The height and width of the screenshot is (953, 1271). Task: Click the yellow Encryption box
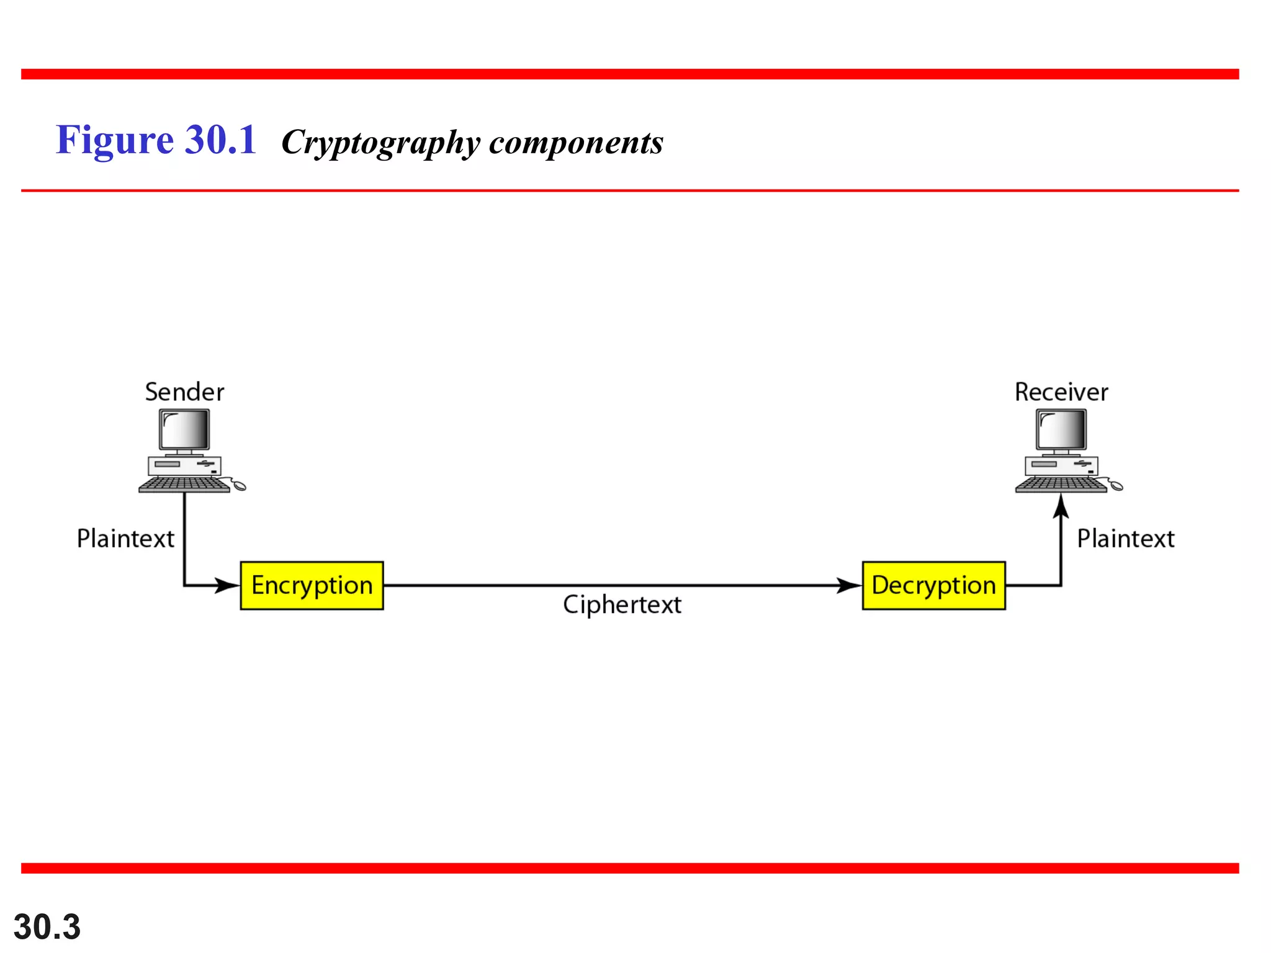[x=312, y=585]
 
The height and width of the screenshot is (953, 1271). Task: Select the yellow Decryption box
[x=933, y=585]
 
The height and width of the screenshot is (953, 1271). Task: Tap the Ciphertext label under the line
[x=622, y=604]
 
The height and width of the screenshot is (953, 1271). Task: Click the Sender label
[x=184, y=392]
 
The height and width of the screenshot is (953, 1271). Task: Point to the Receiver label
[x=1061, y=392]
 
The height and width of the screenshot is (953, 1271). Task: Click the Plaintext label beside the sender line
[x=125, y=539]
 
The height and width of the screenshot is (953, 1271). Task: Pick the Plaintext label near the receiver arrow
[x=1125, y=539]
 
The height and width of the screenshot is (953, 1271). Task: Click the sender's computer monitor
[x=184, y=429]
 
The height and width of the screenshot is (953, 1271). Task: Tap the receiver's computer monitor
[x=1061, y=429]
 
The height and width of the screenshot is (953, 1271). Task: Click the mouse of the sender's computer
[x=239, y=486]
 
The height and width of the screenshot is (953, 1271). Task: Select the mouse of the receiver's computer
[x=1116, y=486]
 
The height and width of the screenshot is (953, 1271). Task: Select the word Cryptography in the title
[x=380, y=143]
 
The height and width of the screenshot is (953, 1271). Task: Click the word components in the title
[x=576, y=143]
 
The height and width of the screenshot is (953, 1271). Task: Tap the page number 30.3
[x=47, y=927]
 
